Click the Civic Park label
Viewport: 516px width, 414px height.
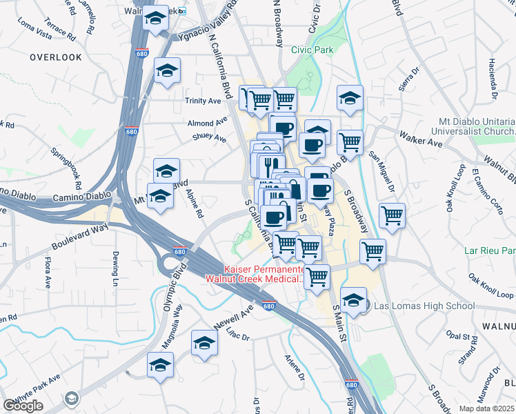pyautogui.click(x=312, y=50)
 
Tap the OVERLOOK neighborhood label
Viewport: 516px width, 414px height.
pyautogui.click(x=56, y=57)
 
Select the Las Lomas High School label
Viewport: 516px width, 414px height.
pyautogui.click(x=425, y=306)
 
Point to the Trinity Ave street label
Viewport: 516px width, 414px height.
pyautogui.click(x=202, y=101)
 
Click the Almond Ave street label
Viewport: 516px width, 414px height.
pyautogui.click(x=206, y=123)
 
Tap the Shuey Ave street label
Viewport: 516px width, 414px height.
pyautogui.click(x=210, y=138)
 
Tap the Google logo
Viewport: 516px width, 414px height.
pyautogui.click(x=23, y=406)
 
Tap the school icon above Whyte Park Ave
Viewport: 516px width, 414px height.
pyautogui.click(x=161, y=365)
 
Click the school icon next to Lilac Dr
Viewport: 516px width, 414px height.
pyautogui.click(x=205, y=343)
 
